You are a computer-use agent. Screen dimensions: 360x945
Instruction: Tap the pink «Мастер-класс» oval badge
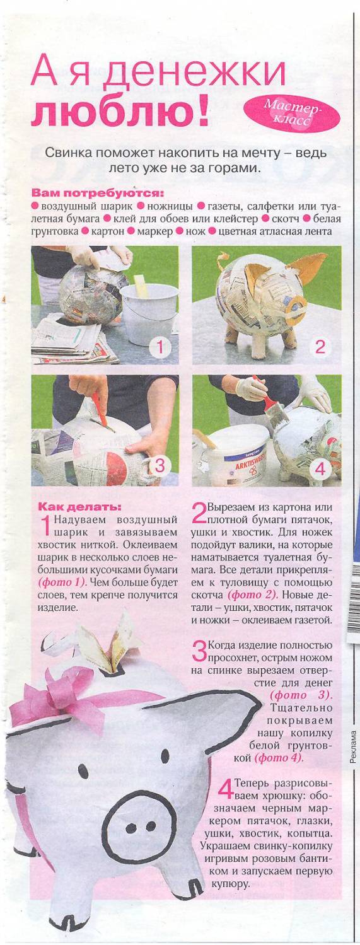[x=292, y=112]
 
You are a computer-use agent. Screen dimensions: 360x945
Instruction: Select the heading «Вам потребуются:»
[x=98, y=194]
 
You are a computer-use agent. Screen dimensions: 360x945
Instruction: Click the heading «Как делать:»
[x=80, y=506]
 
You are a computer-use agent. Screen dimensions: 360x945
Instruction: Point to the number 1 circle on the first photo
[x=160, y=347]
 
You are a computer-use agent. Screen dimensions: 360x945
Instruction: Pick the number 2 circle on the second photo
[x=320, y=347]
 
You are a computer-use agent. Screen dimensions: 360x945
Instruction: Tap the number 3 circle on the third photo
[x=160, y=466]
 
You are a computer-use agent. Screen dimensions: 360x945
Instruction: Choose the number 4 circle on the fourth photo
[x=320, y=468]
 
